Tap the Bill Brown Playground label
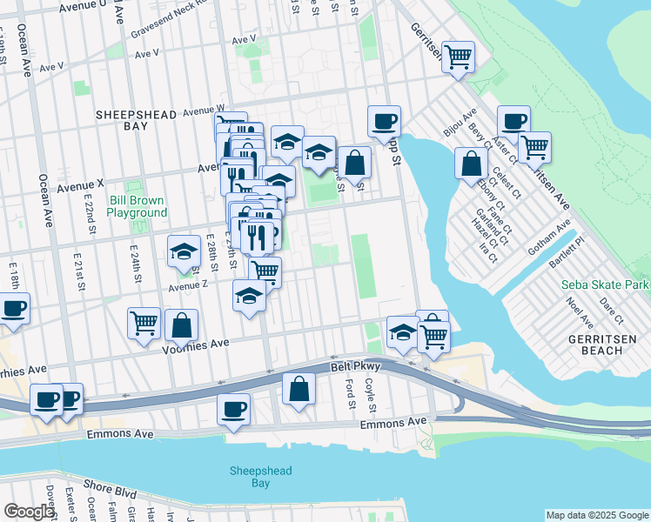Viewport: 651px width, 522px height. (x=138, y=206)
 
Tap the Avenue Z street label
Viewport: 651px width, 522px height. (x=189, y=285)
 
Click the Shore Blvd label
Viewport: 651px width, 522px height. (x=110, y=489)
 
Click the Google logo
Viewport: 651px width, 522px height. (x=29, y=512)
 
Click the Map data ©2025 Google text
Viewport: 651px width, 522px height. (x=596, y=515)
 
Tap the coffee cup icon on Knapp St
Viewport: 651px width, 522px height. (x=383, y=122)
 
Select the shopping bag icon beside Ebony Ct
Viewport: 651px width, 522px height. (x=471, y=163)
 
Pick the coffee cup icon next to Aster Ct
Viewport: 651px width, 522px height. (x=513, y=121)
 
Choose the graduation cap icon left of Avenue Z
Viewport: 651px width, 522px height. (x=184, y=251)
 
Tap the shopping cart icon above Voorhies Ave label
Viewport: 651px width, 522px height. (x=144, y=323)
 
